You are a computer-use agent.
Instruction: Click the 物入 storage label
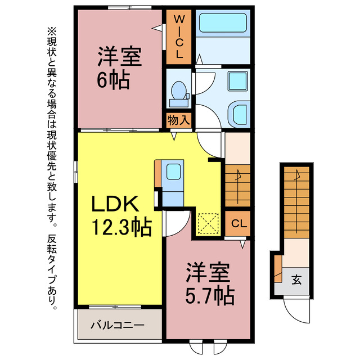[x=179, y=120]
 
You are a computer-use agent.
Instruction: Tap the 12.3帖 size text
[x=120, y=227]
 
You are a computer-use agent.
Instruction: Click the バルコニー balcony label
[x=118, y=325]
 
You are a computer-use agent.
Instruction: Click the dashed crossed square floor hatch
[x=209, y=224]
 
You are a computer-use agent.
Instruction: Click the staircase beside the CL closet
[x=237, y=184]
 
